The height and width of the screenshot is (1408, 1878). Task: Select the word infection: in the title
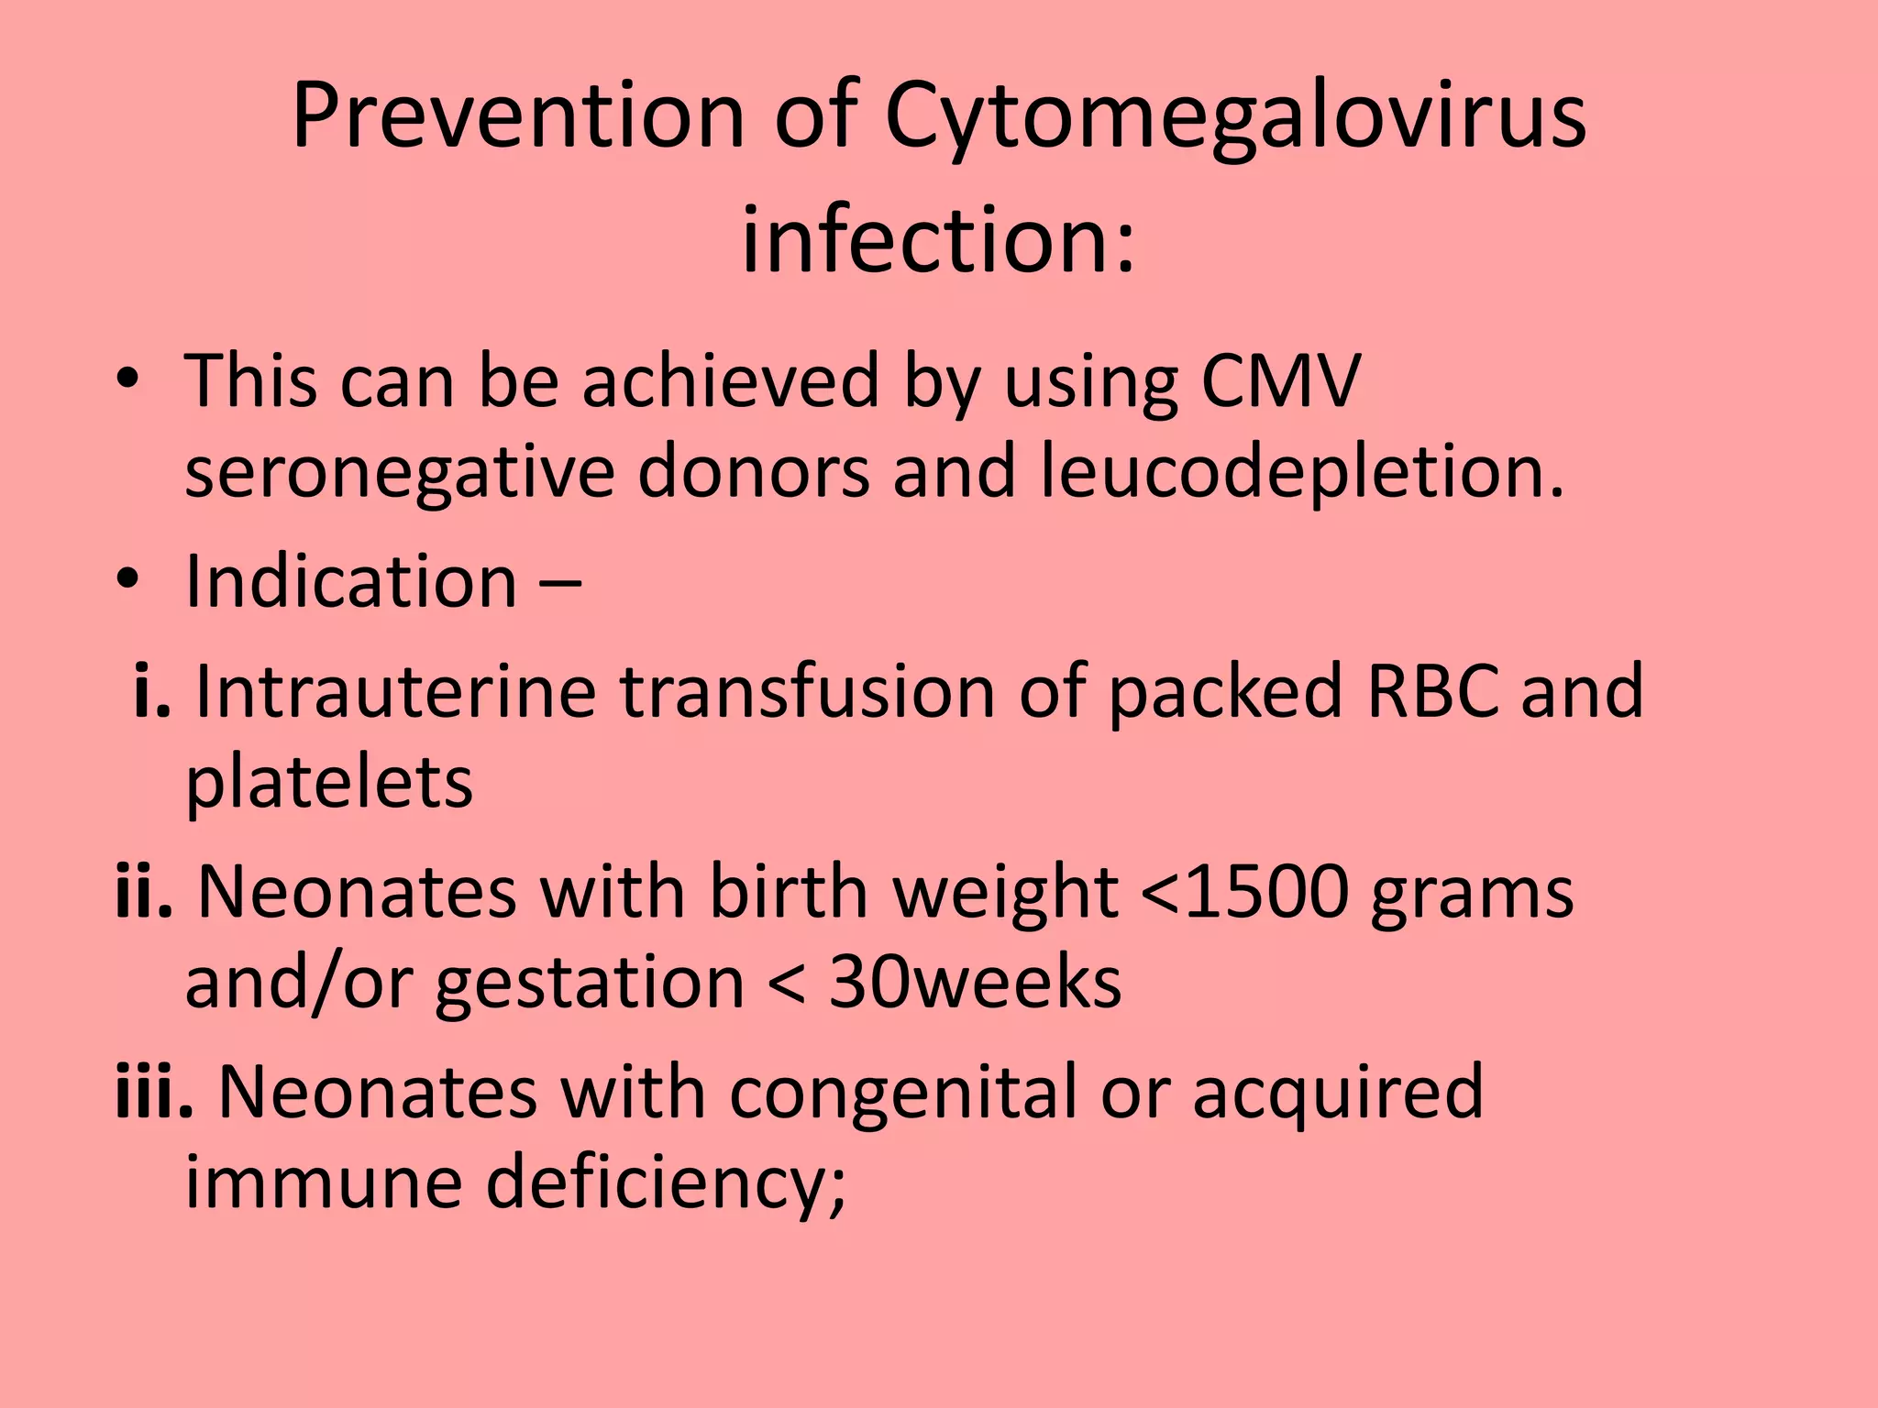938,240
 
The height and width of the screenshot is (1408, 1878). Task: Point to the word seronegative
399,472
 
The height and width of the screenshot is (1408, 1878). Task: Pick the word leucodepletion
1302,474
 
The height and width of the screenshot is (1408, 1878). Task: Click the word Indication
351,581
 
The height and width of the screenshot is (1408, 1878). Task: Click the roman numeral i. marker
151,691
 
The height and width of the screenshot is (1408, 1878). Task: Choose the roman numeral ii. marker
144,892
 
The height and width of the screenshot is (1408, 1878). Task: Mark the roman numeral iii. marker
154,1093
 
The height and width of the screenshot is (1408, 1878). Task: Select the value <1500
1244,892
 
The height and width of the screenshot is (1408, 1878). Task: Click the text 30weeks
975,983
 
